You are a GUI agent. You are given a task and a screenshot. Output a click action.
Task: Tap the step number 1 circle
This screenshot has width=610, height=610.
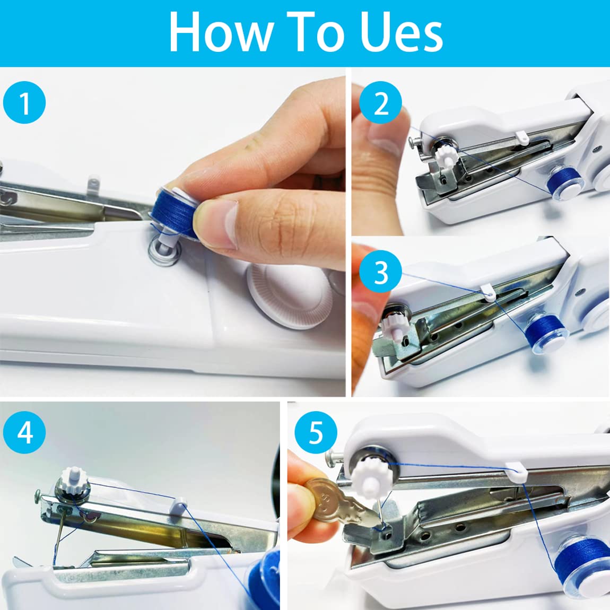24,103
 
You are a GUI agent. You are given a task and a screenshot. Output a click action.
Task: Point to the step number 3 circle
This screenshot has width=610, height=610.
380,273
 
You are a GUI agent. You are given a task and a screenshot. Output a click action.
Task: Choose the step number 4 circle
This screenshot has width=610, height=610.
24,432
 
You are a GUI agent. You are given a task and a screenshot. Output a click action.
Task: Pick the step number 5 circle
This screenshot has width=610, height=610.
316,432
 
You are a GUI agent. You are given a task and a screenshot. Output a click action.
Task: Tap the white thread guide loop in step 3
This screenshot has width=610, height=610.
487,291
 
